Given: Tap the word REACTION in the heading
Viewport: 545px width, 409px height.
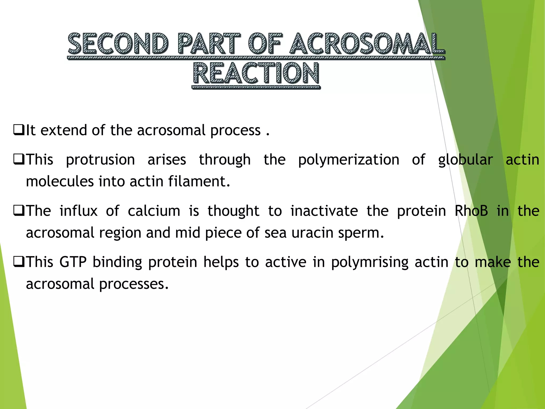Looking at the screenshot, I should pyautogui.click(x=256, y=73).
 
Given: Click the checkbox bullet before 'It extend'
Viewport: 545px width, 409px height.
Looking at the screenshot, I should pyautogui.click(x=19, y=130).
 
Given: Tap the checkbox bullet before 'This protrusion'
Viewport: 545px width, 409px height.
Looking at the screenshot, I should pyautogui.click(x=19, y=160).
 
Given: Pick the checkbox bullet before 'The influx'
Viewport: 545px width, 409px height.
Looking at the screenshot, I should pyautogui.click(x=19, y=211).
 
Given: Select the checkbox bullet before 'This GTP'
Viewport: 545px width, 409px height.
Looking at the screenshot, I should pyautogui.click(x=19, y=262).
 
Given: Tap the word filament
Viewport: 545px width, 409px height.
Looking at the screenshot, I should pyautogui.click(x=199, y=182).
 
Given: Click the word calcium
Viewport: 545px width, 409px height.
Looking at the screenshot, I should pyautogui.click(x=154, y=211).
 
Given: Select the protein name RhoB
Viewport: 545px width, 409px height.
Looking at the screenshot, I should pyautogui.click(x=471, y=211).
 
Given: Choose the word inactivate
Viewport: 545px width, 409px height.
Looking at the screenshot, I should pyautogui.click(x=324, y=211).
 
